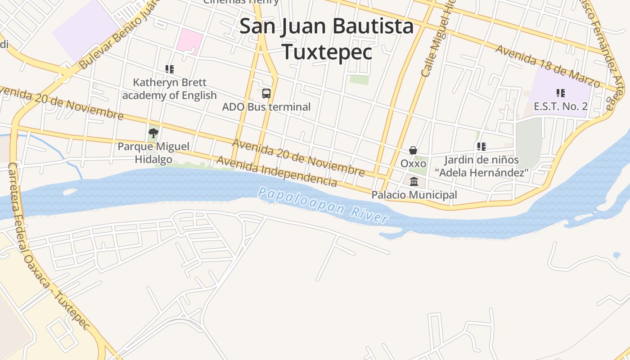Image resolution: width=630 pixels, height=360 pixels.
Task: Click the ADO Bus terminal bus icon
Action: coord(266,94)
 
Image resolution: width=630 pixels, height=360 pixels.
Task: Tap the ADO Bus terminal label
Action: coord(266,107)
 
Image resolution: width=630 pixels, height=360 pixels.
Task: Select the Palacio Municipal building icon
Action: coord(414,181)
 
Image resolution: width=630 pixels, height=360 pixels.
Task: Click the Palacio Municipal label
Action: coord(414,195)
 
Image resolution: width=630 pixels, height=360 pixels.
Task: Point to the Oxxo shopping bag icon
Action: coord(413,150)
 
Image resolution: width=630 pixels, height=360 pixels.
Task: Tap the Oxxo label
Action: coord(413,163)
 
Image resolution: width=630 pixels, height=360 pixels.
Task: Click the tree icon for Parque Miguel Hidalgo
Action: coord(153,133)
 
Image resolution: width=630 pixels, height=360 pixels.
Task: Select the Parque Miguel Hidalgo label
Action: coord(153,153)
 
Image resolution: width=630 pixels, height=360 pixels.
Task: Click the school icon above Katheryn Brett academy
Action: coord(170,69)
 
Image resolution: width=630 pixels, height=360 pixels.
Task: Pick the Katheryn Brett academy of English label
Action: coord(170,89)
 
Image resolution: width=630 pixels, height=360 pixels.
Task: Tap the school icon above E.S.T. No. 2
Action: coord(560,93)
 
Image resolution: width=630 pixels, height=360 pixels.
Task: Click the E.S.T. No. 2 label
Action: coord(560,107)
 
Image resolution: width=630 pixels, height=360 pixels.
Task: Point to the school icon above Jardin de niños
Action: coord(481,147)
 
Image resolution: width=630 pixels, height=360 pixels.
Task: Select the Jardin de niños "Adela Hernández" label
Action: coord(481,166)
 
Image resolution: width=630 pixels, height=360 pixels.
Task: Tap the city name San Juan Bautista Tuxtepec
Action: coord(327,39)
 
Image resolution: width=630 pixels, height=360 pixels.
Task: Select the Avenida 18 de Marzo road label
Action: coord(548,66)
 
